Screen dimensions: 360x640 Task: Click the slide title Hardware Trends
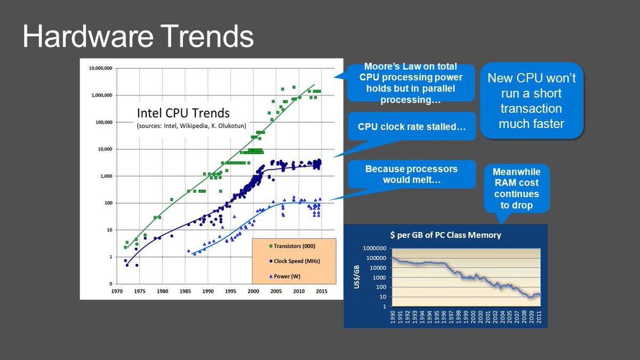(x=138, y=36)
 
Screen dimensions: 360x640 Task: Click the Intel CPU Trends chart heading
(x=183, y=113)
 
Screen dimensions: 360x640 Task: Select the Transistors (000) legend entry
(x=293, y=246)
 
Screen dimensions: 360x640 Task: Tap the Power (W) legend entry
(x=285, y=277)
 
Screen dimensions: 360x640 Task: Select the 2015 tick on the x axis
(x=322, y=292)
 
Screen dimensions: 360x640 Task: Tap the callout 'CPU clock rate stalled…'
(x=411, y=127)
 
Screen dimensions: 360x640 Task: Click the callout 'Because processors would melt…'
(x=411, y=174)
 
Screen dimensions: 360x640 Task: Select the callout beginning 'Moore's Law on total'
(x=411, y=83)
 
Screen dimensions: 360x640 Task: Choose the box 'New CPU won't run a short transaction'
(x=531, y=101)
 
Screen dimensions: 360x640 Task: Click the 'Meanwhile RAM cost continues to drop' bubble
(x=516, y=188)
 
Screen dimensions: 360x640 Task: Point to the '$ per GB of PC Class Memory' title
(x=445, y=235)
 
